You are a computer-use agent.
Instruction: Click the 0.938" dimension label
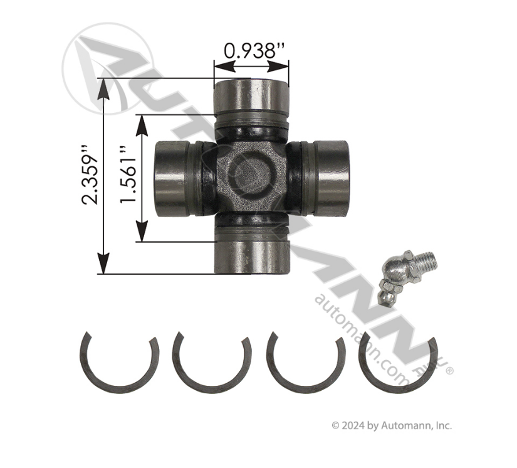(x=251, y=51)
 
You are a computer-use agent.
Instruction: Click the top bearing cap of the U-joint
(x=251, y=97)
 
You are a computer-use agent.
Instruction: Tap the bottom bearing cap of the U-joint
(x=251, y=253)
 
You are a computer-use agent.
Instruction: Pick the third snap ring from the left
(x=305, y=362)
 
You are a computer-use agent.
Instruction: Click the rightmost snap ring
(x=397, y=364)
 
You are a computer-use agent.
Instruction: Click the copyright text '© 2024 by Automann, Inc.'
(x=391, y=425)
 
